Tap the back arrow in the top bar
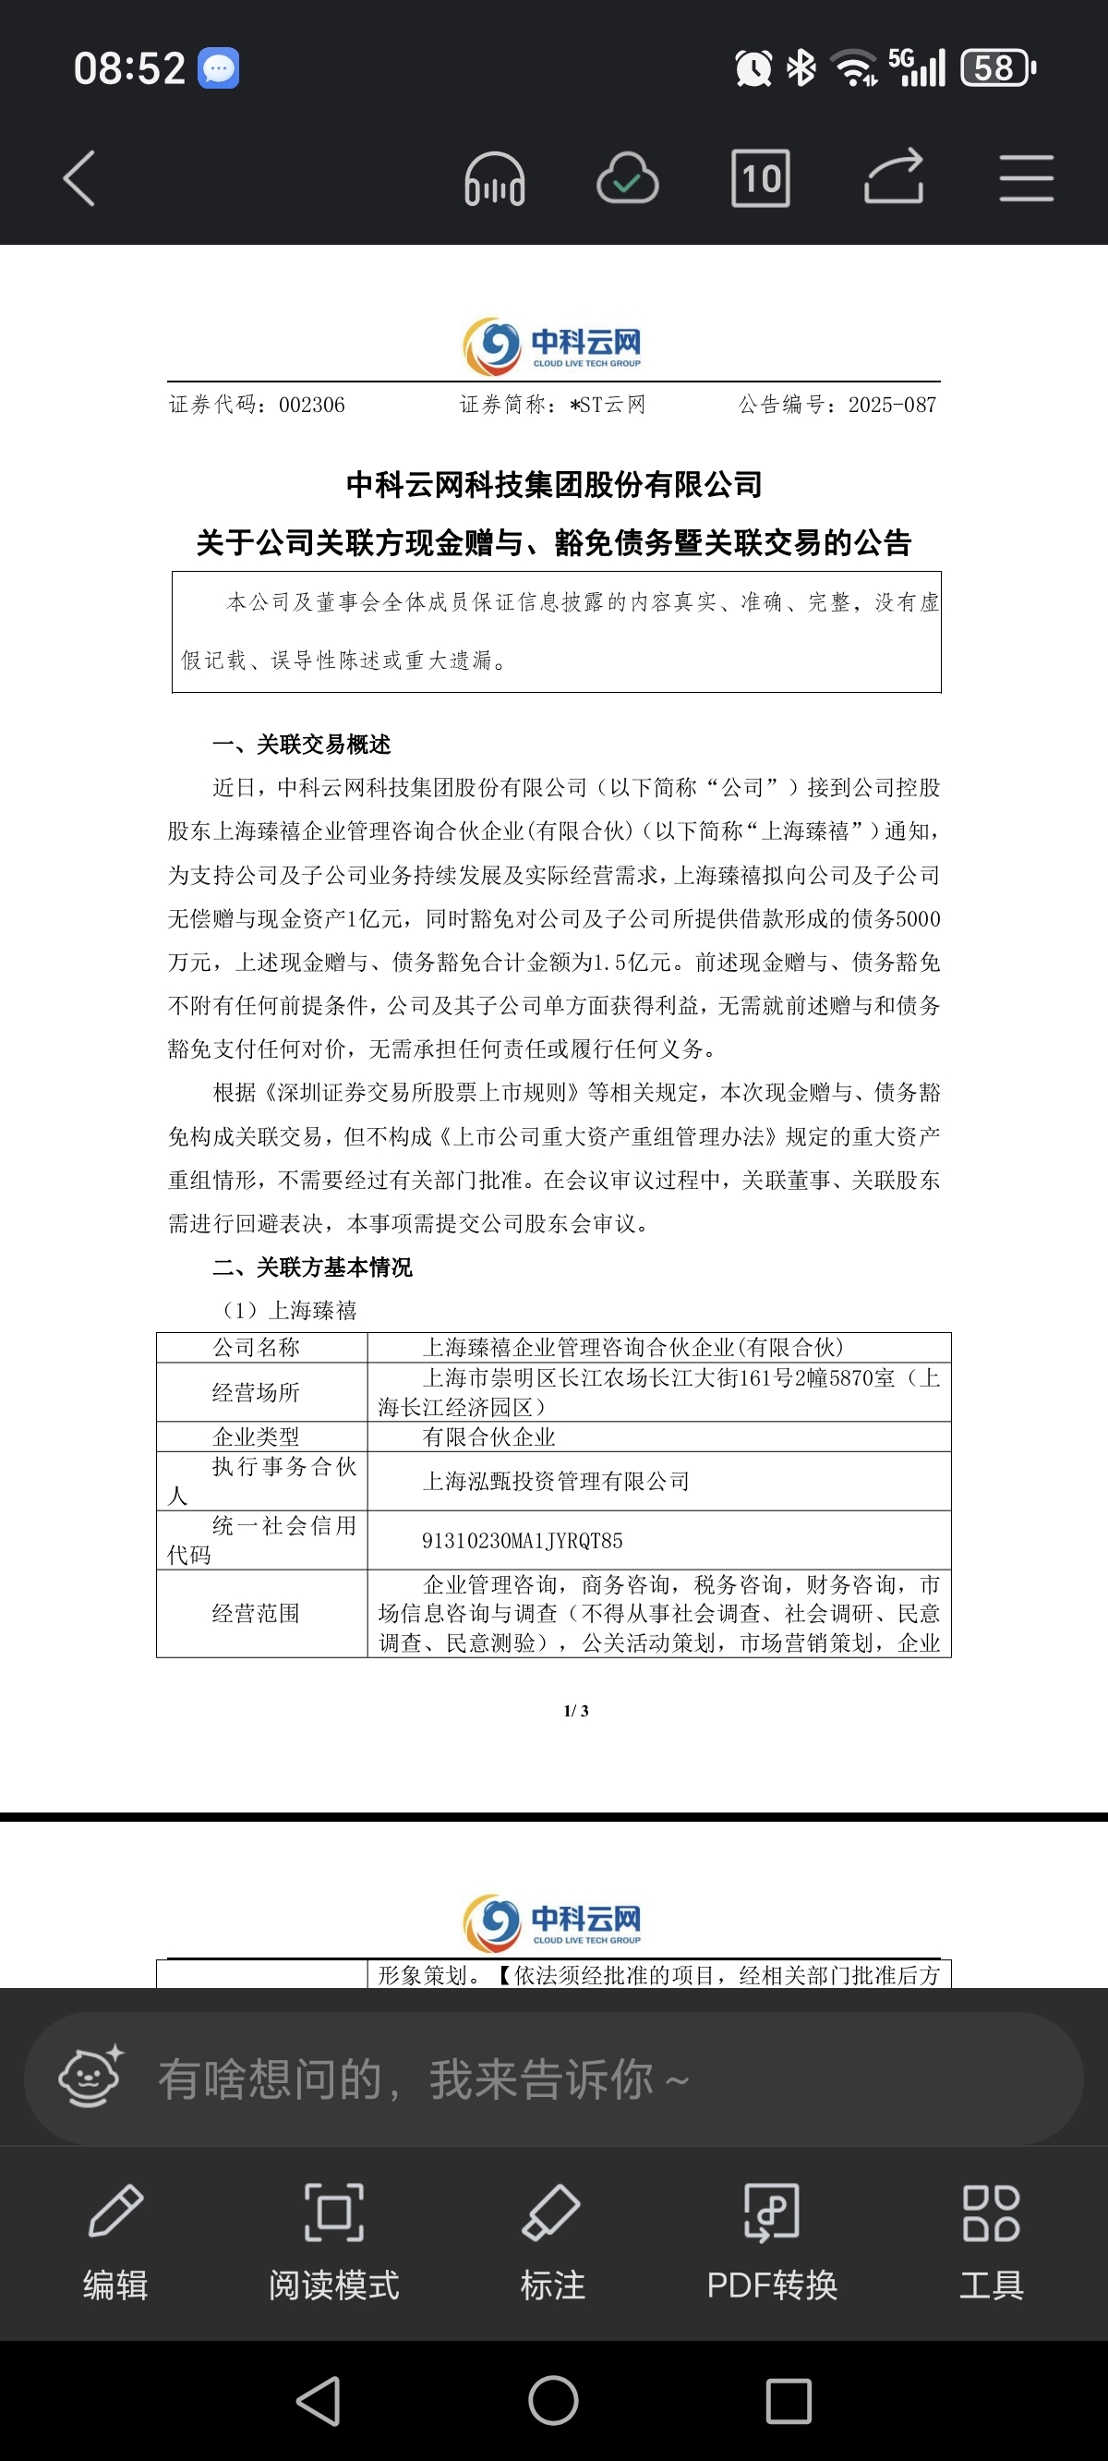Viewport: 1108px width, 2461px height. (79, 178)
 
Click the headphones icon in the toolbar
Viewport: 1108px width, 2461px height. (494, 178)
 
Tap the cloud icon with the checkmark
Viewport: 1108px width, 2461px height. (628, 178)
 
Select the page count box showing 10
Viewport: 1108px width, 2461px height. (760, 178)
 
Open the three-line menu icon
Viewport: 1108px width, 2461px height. (1026, 178)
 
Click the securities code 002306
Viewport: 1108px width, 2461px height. (311, 405)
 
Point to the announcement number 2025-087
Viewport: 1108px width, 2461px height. (892, 405)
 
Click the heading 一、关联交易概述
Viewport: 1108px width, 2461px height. (301, 745)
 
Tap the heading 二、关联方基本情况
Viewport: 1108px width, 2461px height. (312, 1267)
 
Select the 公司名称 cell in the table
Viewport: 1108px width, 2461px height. (256, 1348)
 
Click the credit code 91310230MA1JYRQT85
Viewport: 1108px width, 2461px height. (523, 1541)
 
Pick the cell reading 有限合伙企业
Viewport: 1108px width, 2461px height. (489, 1437)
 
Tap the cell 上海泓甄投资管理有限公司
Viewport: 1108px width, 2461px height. (556, 1482)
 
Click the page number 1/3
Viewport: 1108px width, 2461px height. (576, 1711)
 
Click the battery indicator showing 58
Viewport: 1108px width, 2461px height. (997, 68)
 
